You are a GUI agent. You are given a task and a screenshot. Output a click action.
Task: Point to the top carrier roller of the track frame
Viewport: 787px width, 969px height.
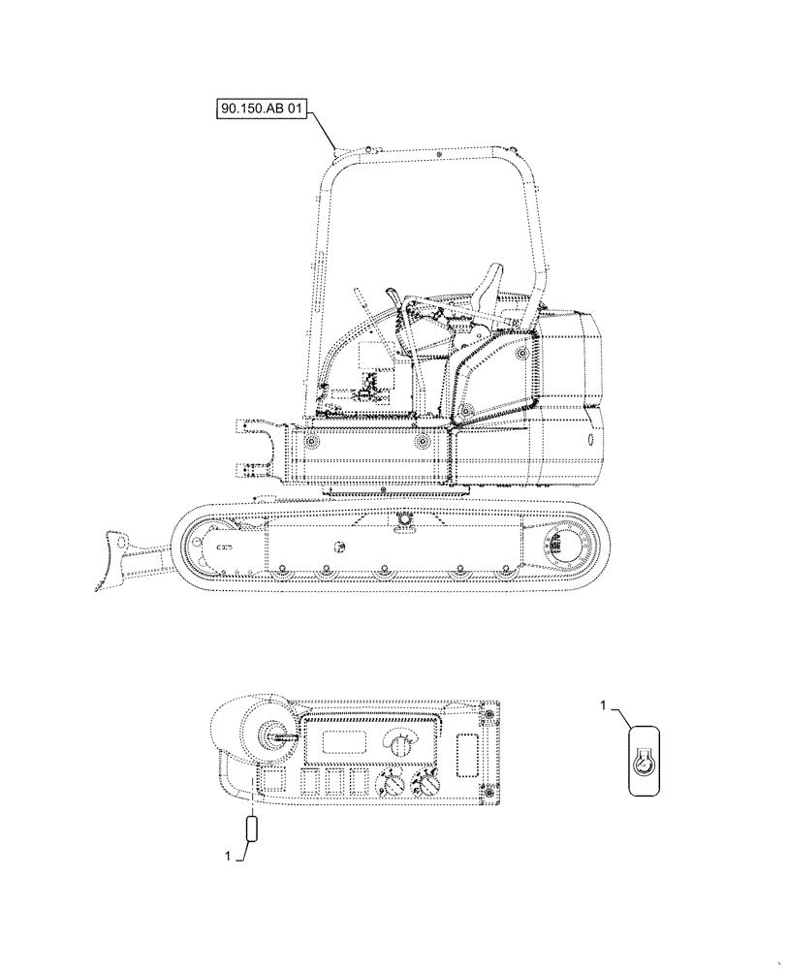[x=401, y=521]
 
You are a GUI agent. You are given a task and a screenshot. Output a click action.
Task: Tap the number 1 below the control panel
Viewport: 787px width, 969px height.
[x=229, y=856]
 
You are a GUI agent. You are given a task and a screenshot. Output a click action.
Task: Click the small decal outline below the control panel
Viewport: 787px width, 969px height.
[x=252, y=830]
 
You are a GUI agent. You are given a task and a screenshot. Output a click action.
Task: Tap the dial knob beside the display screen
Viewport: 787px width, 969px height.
[x=395, y=742]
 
